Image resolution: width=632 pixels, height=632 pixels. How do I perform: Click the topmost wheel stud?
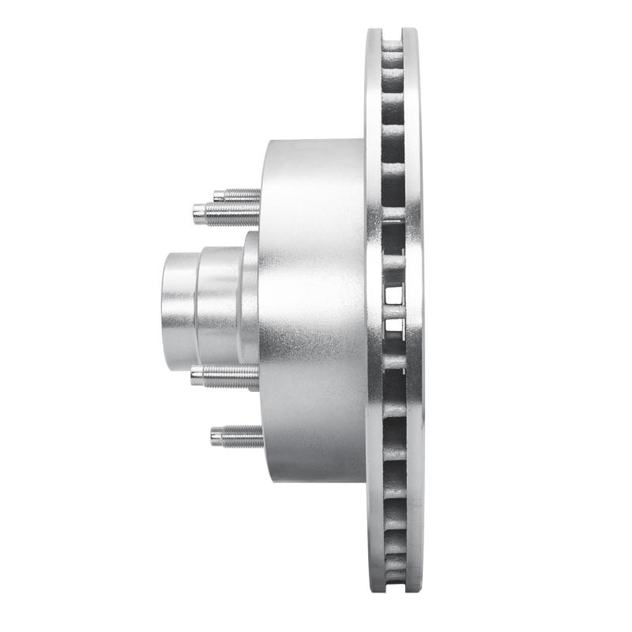click(x=236, y=194)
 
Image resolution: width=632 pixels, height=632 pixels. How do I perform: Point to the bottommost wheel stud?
click(x=237, y=435)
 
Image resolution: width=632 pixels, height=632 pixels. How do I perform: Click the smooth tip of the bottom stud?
click(x=216, y=435)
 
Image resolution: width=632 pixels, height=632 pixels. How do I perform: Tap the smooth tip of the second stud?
click(x=200, y=212)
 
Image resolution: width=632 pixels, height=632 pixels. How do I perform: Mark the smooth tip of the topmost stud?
click(x=217, y=194)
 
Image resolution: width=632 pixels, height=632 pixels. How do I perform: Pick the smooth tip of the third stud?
click(x=197, y=377)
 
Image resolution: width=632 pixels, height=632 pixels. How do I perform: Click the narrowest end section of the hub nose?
click(x=179, y=296)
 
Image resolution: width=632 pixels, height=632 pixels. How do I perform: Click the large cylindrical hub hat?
click(x=312, y=308)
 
